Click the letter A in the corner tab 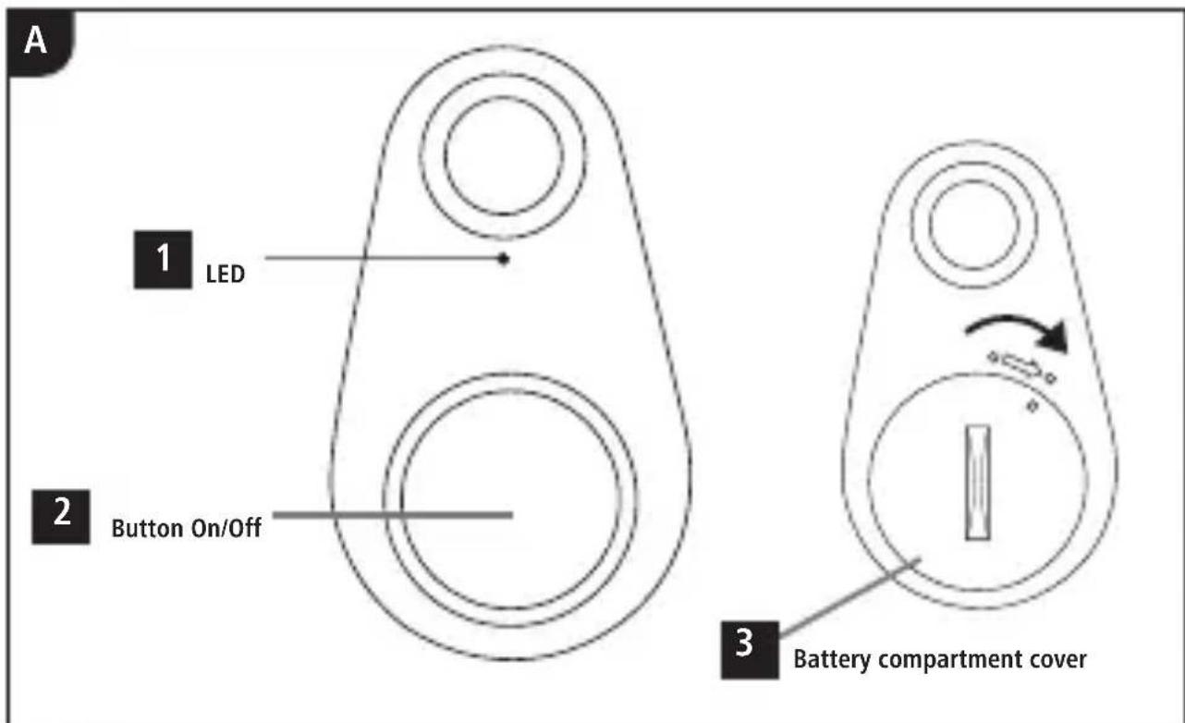pyautogui.click(x=35, y=41)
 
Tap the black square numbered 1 pyautogui.click(x=163, y=260)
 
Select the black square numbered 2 pyautogui.click(x=61, y=517)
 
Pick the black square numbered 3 pyautogui.click(x=750, y=649)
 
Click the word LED pyautogui.click(x=226, y=275)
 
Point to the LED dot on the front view pyautogui.click(x=504, y=259)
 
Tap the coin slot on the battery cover pyautogui.click(x=978, y=483)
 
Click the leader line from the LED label pyautogui.click(x=382, y=258)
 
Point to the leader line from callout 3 pyautogui.click(x=850, y=597)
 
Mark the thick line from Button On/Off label pyautogui.click(x=393, y=514)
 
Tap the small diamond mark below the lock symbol pyautogui.click(x=1032, y=406)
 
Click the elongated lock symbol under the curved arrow pyautogui.click(x=1021, y=367)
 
